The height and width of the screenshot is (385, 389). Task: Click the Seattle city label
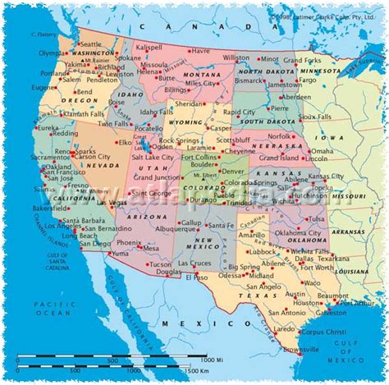point(91,44)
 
